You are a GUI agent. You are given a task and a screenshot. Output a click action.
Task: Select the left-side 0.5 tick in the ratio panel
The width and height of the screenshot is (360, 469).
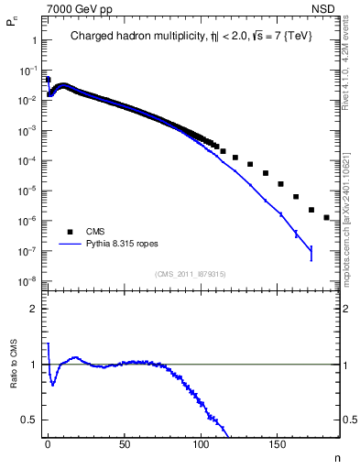tap(30, 420)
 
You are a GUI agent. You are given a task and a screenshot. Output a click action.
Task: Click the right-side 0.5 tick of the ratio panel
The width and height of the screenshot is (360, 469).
tap(350, 420)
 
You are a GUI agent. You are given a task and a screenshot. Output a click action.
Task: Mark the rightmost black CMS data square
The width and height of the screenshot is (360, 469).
tap(326, 218)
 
